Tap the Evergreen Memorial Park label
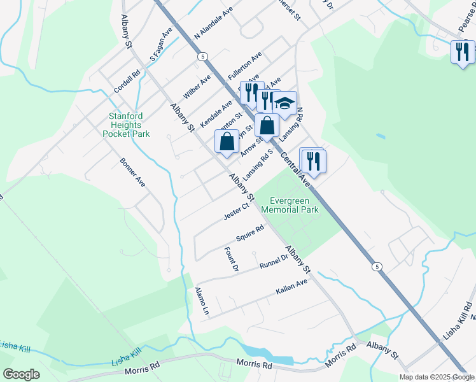point(290,204)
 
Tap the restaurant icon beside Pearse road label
point(463,52)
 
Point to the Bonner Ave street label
point(132,172)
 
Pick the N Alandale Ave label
point(214,24)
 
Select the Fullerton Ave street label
point(245,66)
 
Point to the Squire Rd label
point(249,234)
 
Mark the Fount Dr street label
point(232,260)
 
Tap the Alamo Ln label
point(201,303)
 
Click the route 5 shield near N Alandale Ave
point(202,57)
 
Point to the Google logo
point(21,374)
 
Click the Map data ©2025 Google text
point(437,377)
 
